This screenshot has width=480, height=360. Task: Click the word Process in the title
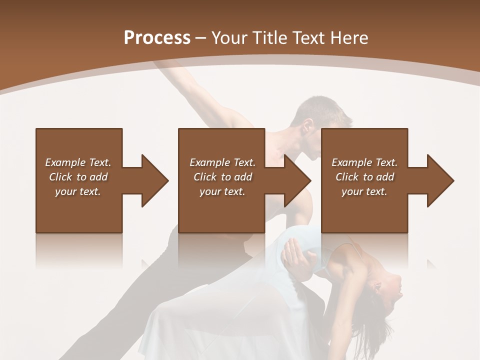point(157,38)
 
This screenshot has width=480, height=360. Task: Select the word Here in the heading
point(350,38)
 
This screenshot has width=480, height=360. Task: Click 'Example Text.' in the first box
point(78,162)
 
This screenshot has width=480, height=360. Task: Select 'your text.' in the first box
point(78,191)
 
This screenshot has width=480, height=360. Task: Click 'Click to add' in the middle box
point(222,177)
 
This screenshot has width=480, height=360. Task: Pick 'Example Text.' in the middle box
point(222,162)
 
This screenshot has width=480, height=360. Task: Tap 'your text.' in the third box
point(364,191)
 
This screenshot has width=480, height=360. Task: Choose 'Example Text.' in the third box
point(364,162)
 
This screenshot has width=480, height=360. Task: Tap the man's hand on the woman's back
point(297,255)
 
